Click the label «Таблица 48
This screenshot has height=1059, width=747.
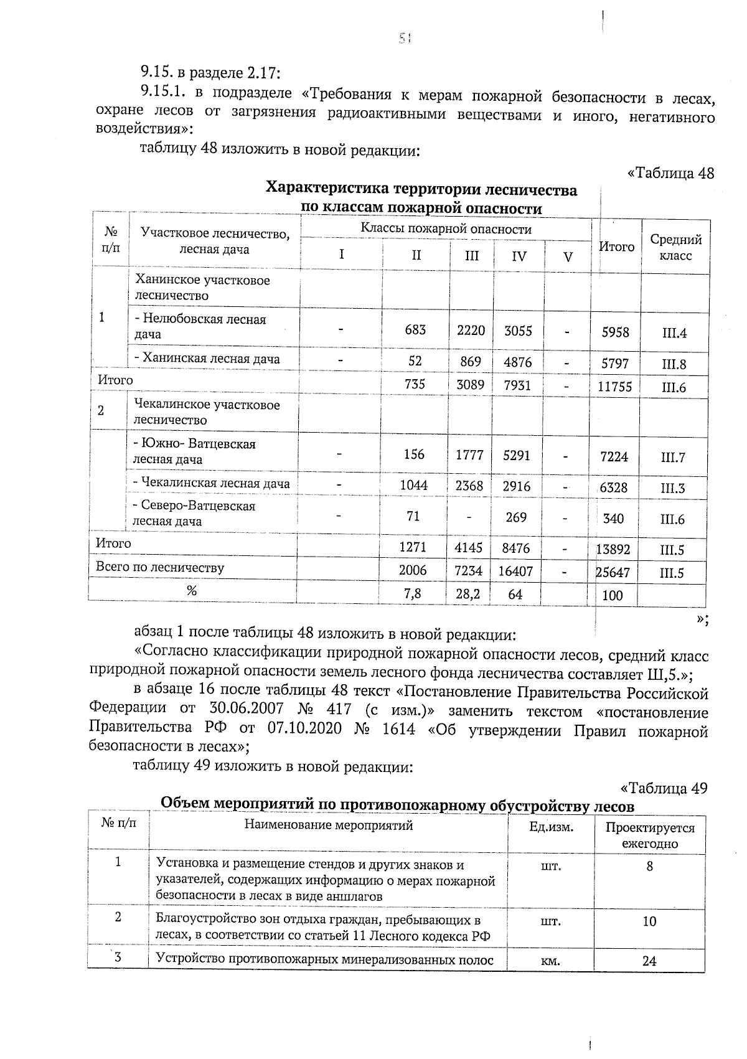pos(670,173)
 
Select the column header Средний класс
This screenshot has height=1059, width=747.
pos(675,247)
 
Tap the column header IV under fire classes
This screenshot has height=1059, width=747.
pos(519,256)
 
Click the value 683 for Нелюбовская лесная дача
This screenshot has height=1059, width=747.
pos(415,330)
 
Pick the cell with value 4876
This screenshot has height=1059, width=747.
pos(518,362)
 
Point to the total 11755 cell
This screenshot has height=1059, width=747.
pos(614,387)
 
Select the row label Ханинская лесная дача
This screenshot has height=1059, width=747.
pos(207,359)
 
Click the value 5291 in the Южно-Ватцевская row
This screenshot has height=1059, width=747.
pos(517,455)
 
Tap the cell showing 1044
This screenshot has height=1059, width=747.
pos(413,485)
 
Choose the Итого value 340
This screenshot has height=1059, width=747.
pos(613,518)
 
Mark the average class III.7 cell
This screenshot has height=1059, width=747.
pos(672,458)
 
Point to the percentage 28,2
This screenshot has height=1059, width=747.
pos(467,594)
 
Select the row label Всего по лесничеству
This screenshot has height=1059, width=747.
pos(160,568)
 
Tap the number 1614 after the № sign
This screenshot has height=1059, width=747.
pos(398,728)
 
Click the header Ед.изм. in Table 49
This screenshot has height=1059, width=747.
pos(550,827)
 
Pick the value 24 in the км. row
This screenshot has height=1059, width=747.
pos(649,961)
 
